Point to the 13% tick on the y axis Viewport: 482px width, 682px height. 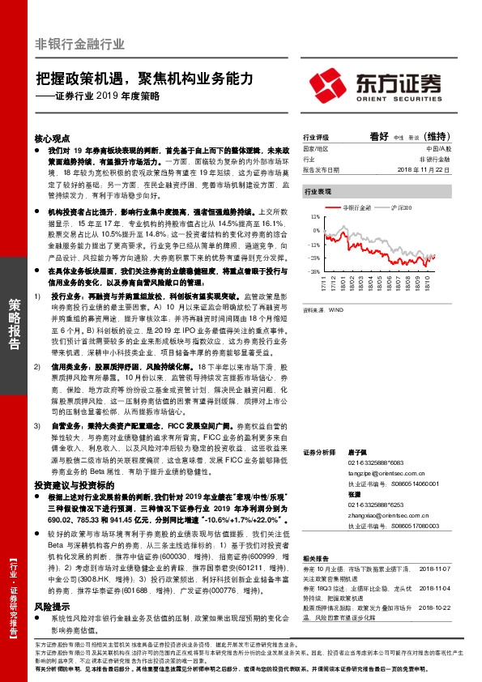coord(313,218)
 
